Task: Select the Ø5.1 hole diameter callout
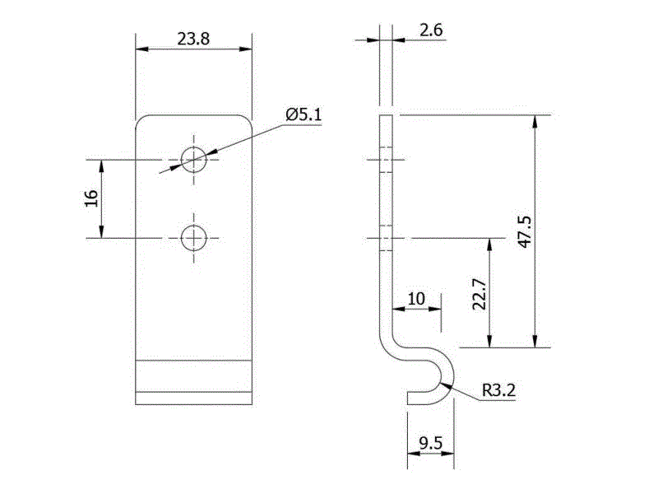click(303, 115)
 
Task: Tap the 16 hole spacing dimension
click(91, 198)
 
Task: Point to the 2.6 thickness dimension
click(431, 30)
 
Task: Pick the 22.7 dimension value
click(480, 293)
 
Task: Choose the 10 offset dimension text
click(416, 299)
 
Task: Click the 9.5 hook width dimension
click(430, 445)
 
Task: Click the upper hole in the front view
click(194, 157)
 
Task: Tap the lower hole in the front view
click(194, 238)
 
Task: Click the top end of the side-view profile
click(387, 117)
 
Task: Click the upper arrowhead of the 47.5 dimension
click(535, 121)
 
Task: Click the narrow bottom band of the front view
click(194, 398)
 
